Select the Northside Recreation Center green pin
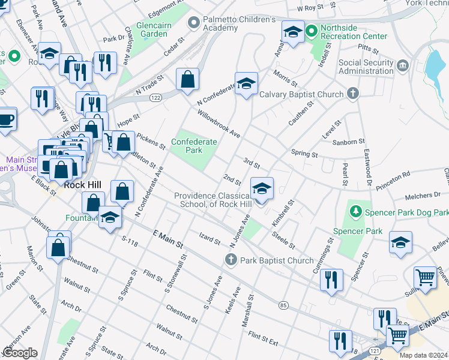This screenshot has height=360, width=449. click(x=311, y=30)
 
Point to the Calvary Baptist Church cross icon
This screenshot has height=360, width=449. click(x=352, y=94)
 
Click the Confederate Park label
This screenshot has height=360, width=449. click(x=194, y=146)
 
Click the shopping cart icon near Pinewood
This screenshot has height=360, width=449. click(x=425, y=278)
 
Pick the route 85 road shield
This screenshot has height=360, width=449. click(x=283, y=305)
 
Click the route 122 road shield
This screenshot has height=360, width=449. click(x=156, y=97)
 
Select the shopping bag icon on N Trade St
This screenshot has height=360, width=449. click(x=188, y=79)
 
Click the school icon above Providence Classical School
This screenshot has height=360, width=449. click(x=262, y=188)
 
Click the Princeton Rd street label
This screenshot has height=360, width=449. click(x=393, y=181)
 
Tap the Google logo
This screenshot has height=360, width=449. click(x=20, y=353)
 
